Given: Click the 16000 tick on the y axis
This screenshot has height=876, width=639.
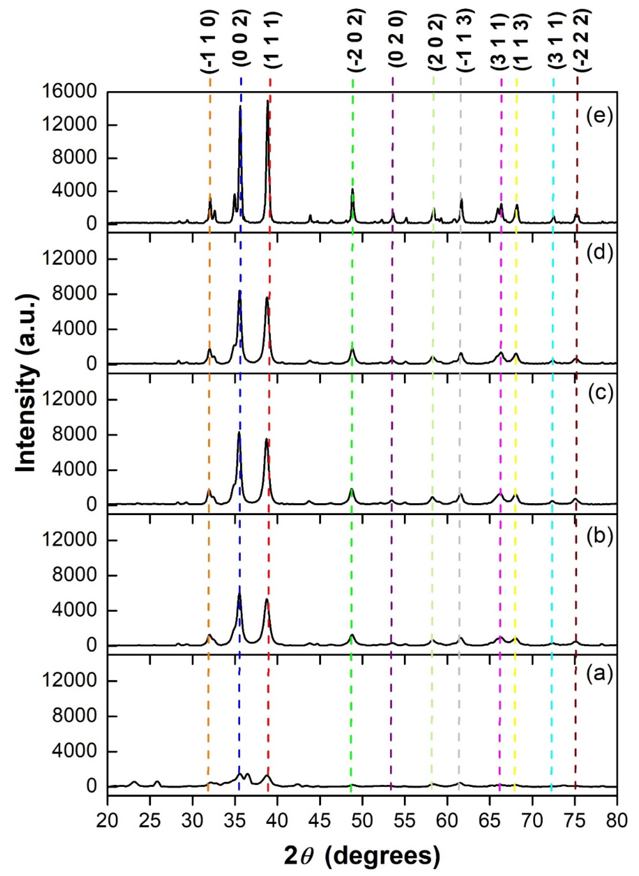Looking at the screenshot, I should pos(70,92).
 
